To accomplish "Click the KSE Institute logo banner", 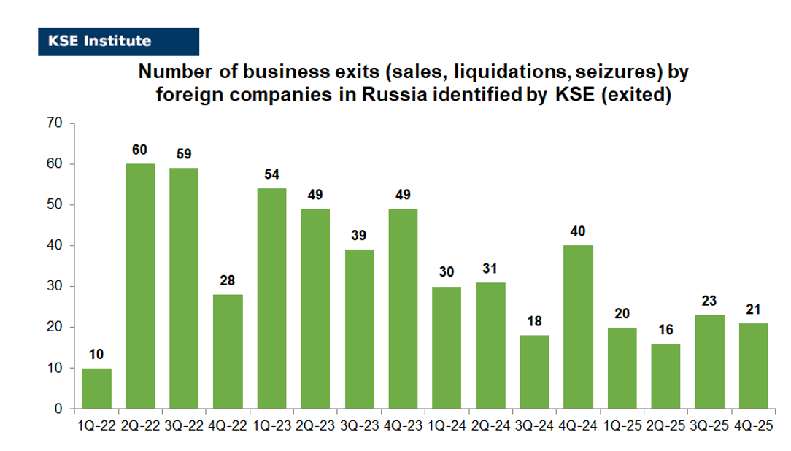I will [x=118, y=42].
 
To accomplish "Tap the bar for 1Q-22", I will [x=96, y=388].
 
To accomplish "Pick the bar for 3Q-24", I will [x=534, y=371].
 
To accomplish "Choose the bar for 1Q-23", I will [x=271, y=298].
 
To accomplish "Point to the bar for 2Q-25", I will [x=665, y=376].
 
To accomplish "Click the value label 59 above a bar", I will [x=184, y=154].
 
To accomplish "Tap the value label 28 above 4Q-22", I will [x=228, y=281].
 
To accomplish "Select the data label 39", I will [x=359, y=236].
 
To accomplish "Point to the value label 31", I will [x=490, y=269].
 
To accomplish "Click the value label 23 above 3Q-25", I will [x=709, y=301].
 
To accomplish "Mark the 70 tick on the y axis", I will [x=55, y=123].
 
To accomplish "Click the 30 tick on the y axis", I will [x=55, y=286].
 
